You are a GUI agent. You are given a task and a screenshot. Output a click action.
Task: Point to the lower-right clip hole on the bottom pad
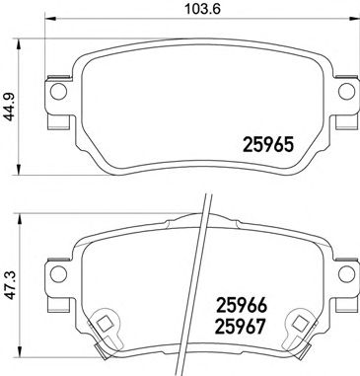(x=296, y=323)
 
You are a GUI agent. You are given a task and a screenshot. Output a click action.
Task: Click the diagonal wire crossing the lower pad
(x=198, y=286)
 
